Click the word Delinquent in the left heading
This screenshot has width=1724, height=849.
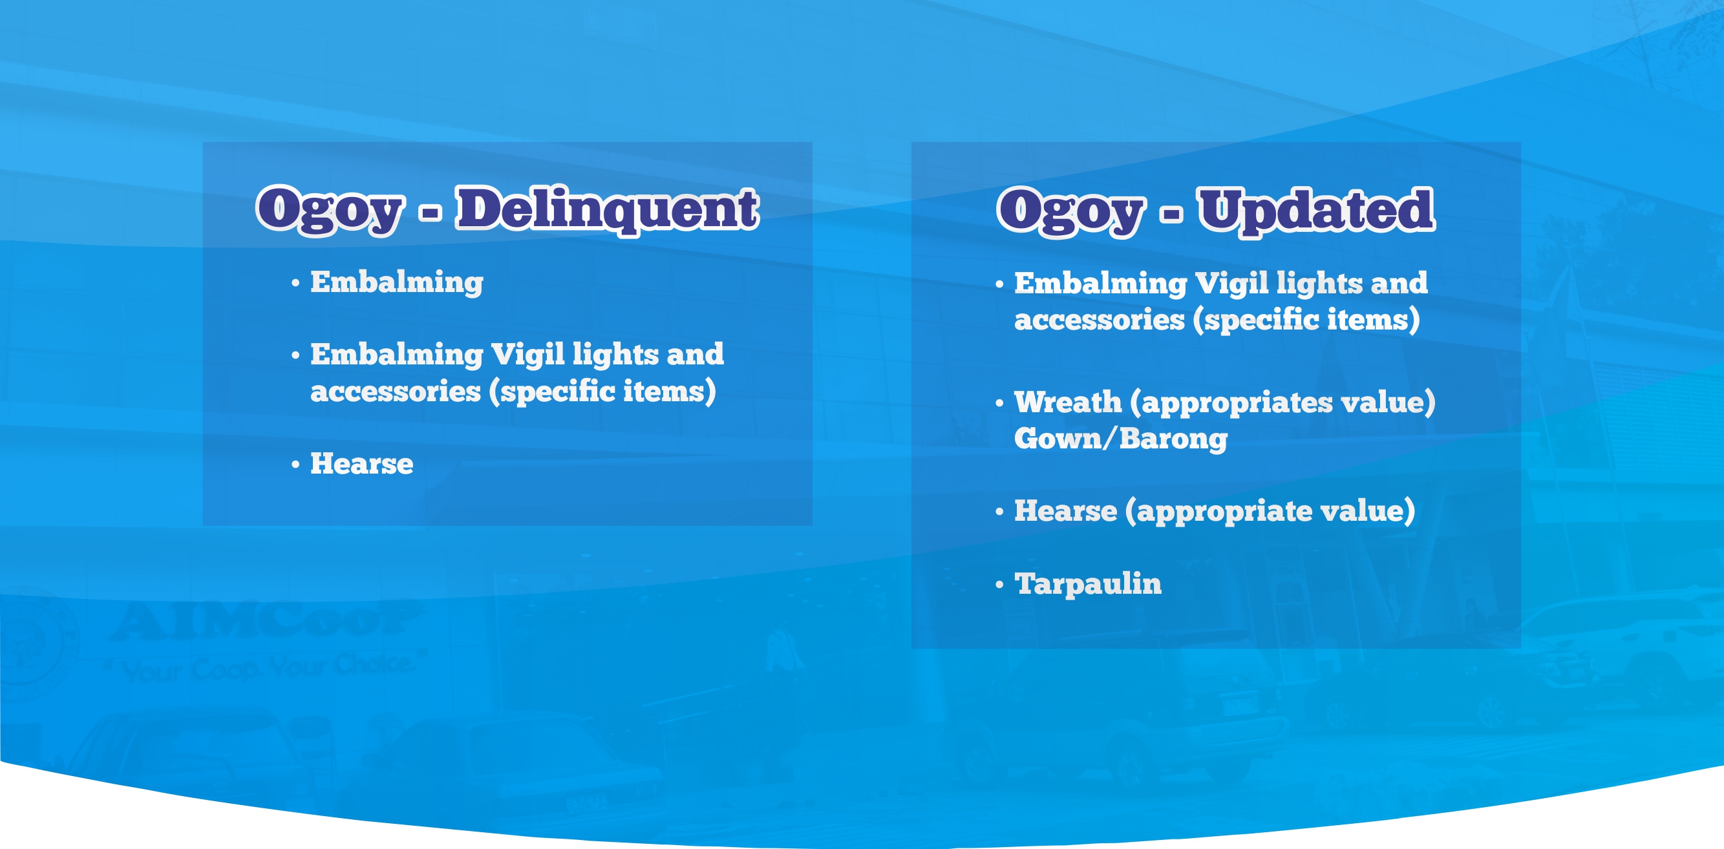(x=607, y=210)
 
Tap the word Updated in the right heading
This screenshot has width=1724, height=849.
(x=1315, y=211)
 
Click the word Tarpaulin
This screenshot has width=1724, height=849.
(x=1088, y=584)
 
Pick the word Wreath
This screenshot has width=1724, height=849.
(x=1068, y=402)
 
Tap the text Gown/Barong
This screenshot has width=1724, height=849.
(x=1121, y=439)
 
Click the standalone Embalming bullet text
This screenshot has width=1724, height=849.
(x=397, y=282)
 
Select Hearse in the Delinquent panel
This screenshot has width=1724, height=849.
(x=362, y=464)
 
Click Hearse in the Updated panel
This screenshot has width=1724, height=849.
(x=1065, y=510)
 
